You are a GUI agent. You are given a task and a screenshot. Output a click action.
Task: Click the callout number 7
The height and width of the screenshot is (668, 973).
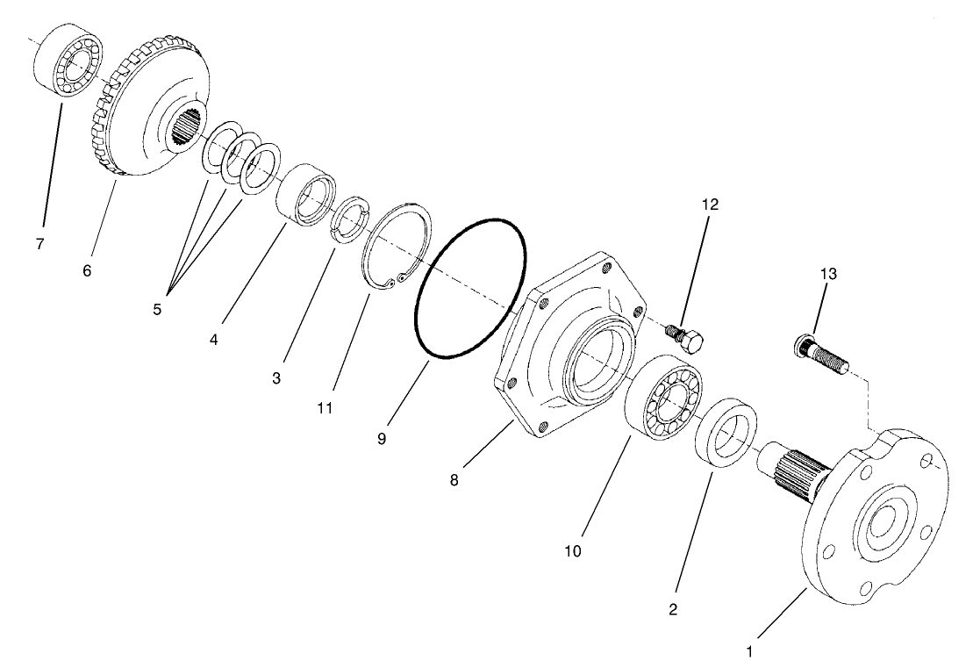(39, 244)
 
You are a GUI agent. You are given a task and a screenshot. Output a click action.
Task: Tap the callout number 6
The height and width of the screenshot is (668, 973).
(87, 271)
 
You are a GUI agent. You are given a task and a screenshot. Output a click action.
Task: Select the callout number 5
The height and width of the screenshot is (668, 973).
(156, 309)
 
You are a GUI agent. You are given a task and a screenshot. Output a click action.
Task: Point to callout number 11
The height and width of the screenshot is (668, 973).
(325, 408)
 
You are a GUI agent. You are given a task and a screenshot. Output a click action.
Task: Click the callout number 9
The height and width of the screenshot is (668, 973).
(382, 439)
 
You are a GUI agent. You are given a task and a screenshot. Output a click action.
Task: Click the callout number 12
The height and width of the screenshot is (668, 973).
(710, 205)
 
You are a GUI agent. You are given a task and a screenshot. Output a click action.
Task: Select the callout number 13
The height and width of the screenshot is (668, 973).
(827, 274)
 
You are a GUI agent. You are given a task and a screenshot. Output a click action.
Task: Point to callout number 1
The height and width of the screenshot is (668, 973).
(748, 652)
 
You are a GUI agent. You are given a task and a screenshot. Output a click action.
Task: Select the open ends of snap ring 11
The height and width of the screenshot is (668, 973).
(390, 280)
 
